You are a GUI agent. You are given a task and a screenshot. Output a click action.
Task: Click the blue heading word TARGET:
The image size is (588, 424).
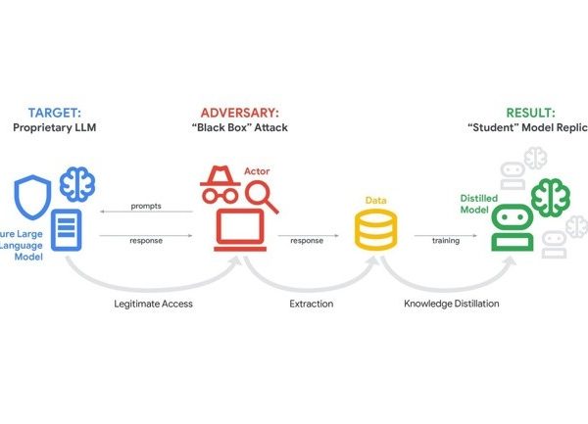coord(54,112)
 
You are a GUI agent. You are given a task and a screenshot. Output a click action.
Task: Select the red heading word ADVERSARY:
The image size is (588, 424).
coord(241,112)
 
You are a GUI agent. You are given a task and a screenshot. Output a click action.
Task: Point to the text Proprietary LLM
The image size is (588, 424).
coord(54,128)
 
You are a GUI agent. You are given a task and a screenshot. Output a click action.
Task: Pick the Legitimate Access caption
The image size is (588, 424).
coord(152,304)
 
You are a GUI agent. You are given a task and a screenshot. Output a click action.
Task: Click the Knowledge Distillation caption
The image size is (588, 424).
coord(452,304)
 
